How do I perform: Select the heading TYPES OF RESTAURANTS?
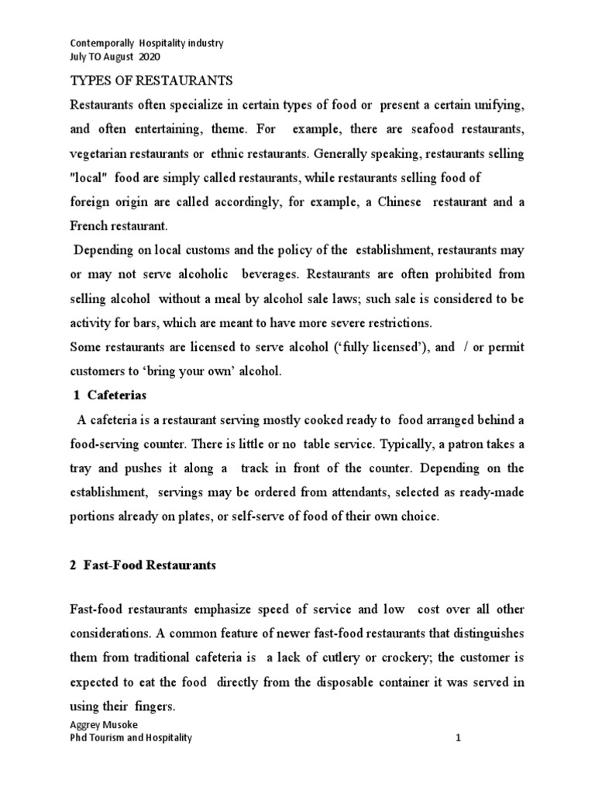151,81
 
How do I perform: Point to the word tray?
81,468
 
